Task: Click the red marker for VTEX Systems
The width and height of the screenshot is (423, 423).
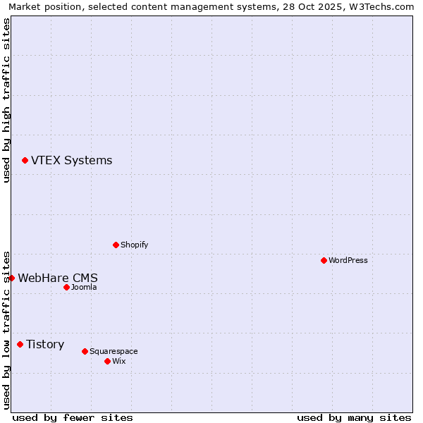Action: (x=25, y=161)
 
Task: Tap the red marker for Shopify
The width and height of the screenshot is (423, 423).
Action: (x=116, y=245)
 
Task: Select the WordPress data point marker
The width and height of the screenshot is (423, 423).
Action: (x=324, y=260)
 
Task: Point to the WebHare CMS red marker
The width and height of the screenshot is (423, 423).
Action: (x=11, y=278)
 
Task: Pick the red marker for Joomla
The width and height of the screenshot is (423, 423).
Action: (x=66, y=287)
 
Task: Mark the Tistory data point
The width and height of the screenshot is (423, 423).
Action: (x=20, y=344)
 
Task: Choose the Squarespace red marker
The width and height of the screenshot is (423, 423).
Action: (x=85, y=351)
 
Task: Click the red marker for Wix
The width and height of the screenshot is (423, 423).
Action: (x=107, y=361)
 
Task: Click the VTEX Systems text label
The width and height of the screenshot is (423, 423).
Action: (x=71, y=161)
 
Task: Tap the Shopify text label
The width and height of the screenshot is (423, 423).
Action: (x=134, y=245)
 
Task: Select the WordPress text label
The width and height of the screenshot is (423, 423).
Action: (x=348, y=260)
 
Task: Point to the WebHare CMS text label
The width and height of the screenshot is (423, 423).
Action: (x=58, y=278)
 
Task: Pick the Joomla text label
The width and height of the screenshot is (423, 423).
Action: (x=84, y=287)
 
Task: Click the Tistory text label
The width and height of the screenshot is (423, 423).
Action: (x=45, y=344)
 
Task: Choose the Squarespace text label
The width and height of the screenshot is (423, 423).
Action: (x=114, y=351)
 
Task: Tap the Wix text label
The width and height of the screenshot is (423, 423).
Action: (x=118, y=361)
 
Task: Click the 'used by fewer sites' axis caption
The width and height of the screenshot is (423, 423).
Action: (x=73, y=417)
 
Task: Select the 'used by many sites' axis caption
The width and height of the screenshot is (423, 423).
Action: (x=354, y=417)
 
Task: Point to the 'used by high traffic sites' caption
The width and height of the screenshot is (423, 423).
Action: (x=6, y=100)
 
